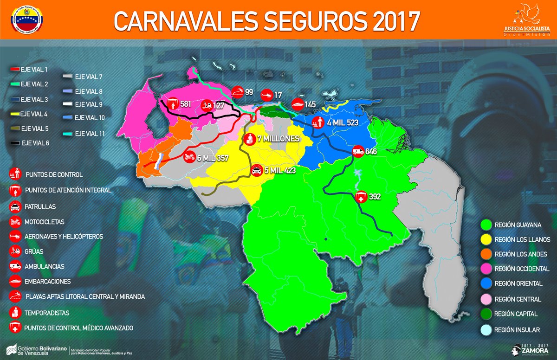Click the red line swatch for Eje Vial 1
(x=14, y=70)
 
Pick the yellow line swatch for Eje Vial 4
(x=14, y=114)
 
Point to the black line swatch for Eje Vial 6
(x=14, y=143)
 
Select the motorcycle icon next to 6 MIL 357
(x=189, y=157)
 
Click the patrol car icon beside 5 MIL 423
(x=256, y=171)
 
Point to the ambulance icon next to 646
(x=358, y=151)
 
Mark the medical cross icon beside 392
(x=361, y=197)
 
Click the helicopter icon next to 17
(x=266, y=95)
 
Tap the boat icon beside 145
(x=298, y=104)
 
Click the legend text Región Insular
(x=517, y=329)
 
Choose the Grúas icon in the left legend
(x=14, y=251)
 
